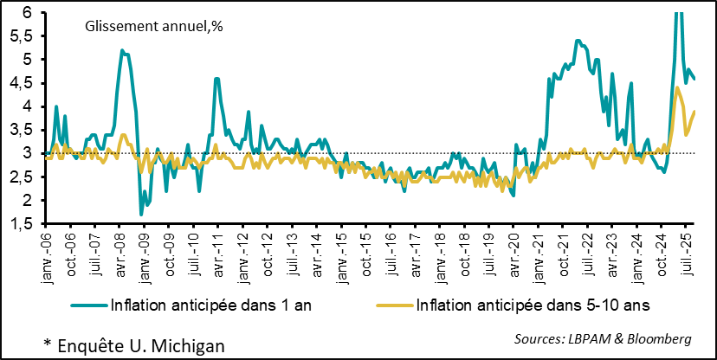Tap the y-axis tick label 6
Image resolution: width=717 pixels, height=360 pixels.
[27, 13]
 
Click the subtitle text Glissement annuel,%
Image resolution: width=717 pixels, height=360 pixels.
[154, 27]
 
